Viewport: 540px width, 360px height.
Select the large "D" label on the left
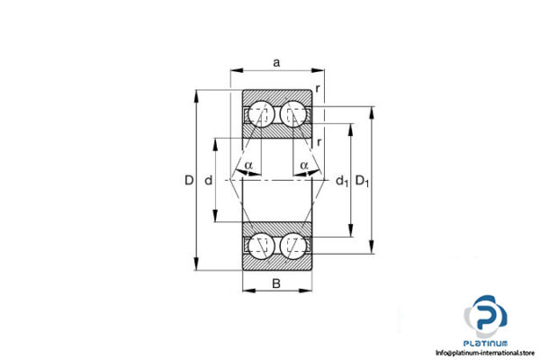pyautogui.click(x=188, y=181)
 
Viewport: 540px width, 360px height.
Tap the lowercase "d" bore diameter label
pyautogui.click(x=208, y=181)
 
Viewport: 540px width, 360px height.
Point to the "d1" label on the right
pyautogui.click(x=341, y=182)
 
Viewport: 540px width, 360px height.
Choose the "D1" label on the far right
pyautogui.click(x=363, y=181)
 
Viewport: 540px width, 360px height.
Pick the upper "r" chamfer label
pyautogui.click(x=318, y=88)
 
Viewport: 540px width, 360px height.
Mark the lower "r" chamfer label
pyautogui.click(x=320, y=141)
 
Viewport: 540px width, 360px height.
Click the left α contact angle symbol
pyautogui.click(x=248, y=165)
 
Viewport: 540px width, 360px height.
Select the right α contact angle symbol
pyautogui.click(x=304, y=165)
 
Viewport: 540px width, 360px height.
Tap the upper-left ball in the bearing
pyautogui.click(x=262, y=114)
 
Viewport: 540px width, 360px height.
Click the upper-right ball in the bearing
pyautogui.click(x=292, y=114)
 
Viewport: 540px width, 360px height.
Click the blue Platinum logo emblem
pyautogui.click(x=486, y=316)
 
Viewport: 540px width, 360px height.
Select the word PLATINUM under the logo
pyautogui.click(x=486, y=343)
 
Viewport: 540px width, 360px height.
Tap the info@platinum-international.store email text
pyautogui.click(x=486, y=353)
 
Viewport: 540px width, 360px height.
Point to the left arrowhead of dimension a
pyautogui.click(x=236, y=69)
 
